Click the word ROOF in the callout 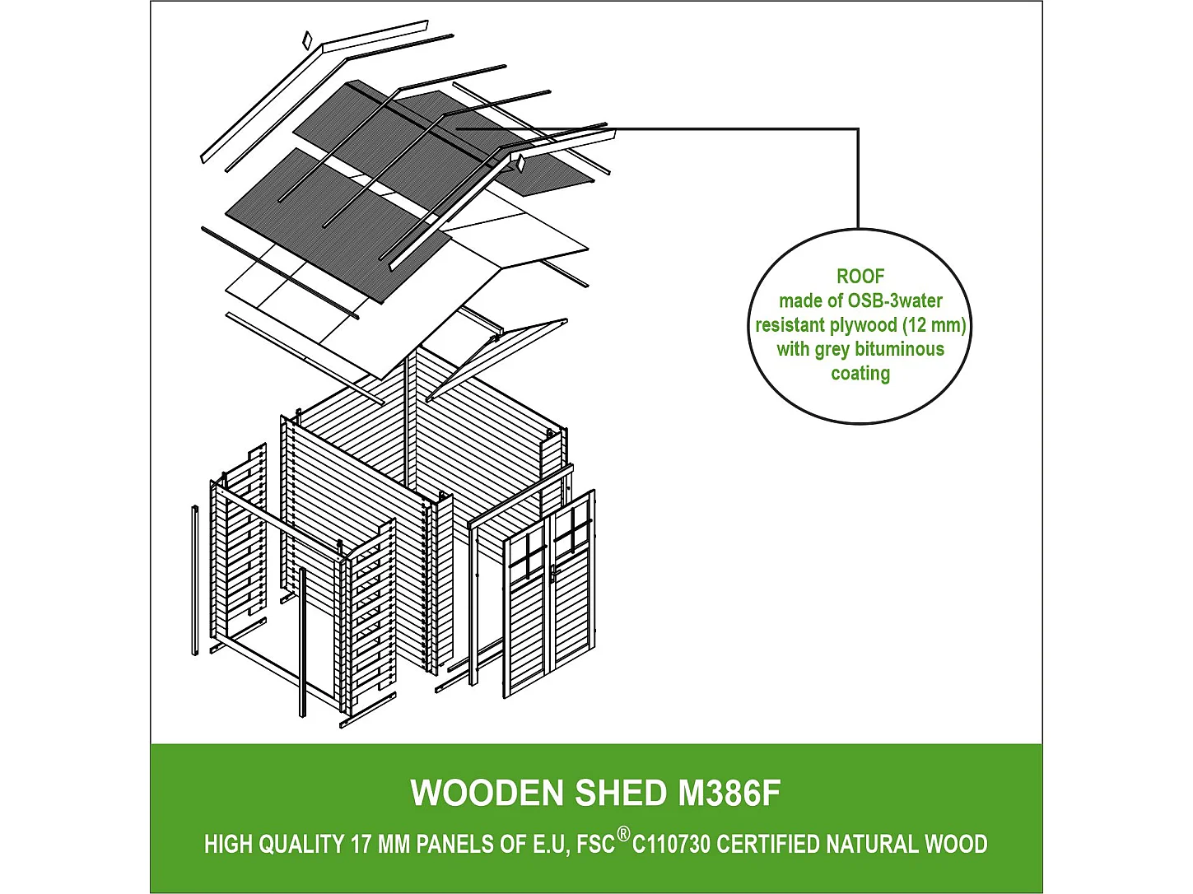click(860, 277)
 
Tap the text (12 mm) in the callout click(934, 325)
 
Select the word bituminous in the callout click(899, 349)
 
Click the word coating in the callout click(860, 374)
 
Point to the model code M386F click(729, 794)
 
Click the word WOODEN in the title click(487, 794)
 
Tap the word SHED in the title click(621, 794)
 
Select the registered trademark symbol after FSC click(623, 835)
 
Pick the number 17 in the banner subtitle click(361, 845)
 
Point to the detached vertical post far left click(195, 580)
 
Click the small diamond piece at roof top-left click(307, 40)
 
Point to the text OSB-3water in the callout click(895, 301)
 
